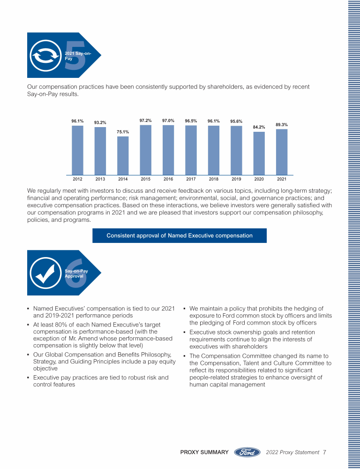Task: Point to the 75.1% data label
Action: coord(123,132)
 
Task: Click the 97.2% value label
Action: coord(145,121)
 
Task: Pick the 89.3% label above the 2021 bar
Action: coord(281,125)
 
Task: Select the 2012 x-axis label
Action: coord(77,179)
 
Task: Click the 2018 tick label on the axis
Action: coord(213,179)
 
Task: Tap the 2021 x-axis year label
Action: coord(281,179)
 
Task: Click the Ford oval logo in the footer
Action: coord(247,453)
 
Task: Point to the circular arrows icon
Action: coord(43,57)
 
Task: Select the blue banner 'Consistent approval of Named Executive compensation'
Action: coord(180,235)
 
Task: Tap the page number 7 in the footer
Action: coord(324,453)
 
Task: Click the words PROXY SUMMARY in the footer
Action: coord(204,453)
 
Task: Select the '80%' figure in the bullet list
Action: coord(61,325)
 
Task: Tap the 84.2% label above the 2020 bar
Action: coord(259,127)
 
